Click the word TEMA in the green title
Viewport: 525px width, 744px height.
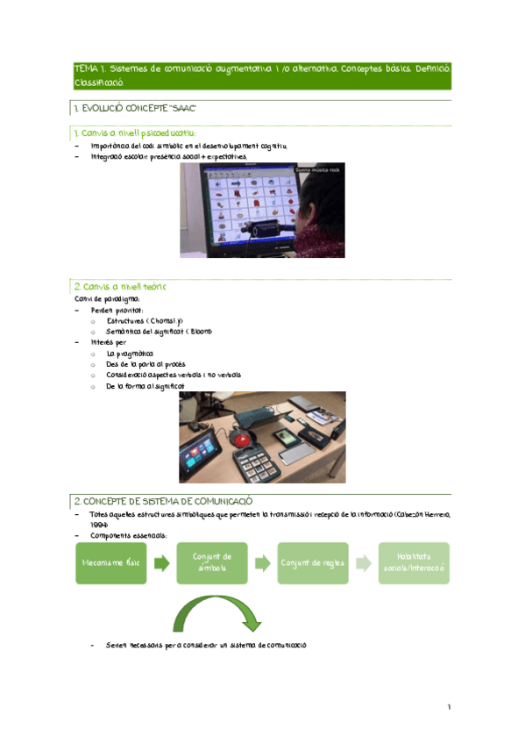coord(84,68)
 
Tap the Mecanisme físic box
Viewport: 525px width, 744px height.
coord(111,563)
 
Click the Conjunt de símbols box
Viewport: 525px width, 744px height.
coord(212,563)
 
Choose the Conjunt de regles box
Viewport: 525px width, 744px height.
coord(313,563)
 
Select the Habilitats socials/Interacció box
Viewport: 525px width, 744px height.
coord(415,563)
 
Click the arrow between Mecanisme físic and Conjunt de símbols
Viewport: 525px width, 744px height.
coord(161,563)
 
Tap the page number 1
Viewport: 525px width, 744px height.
coord(449,707)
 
